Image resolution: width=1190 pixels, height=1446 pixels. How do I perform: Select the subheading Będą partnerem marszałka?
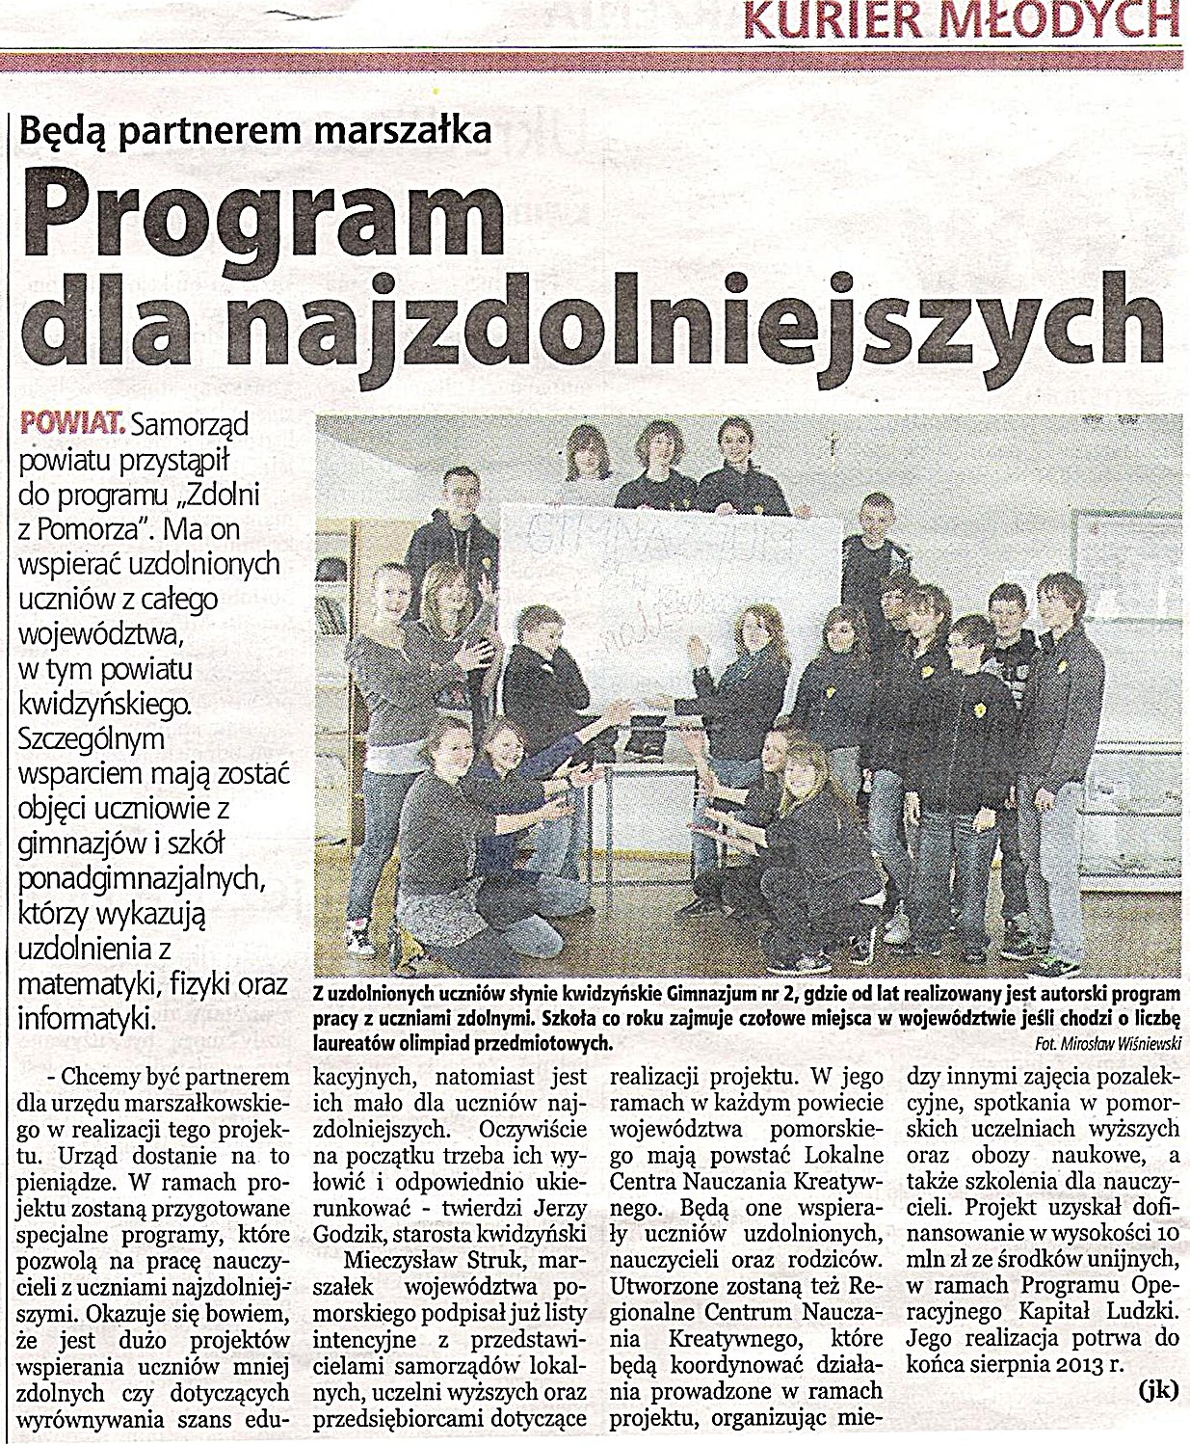255,128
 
